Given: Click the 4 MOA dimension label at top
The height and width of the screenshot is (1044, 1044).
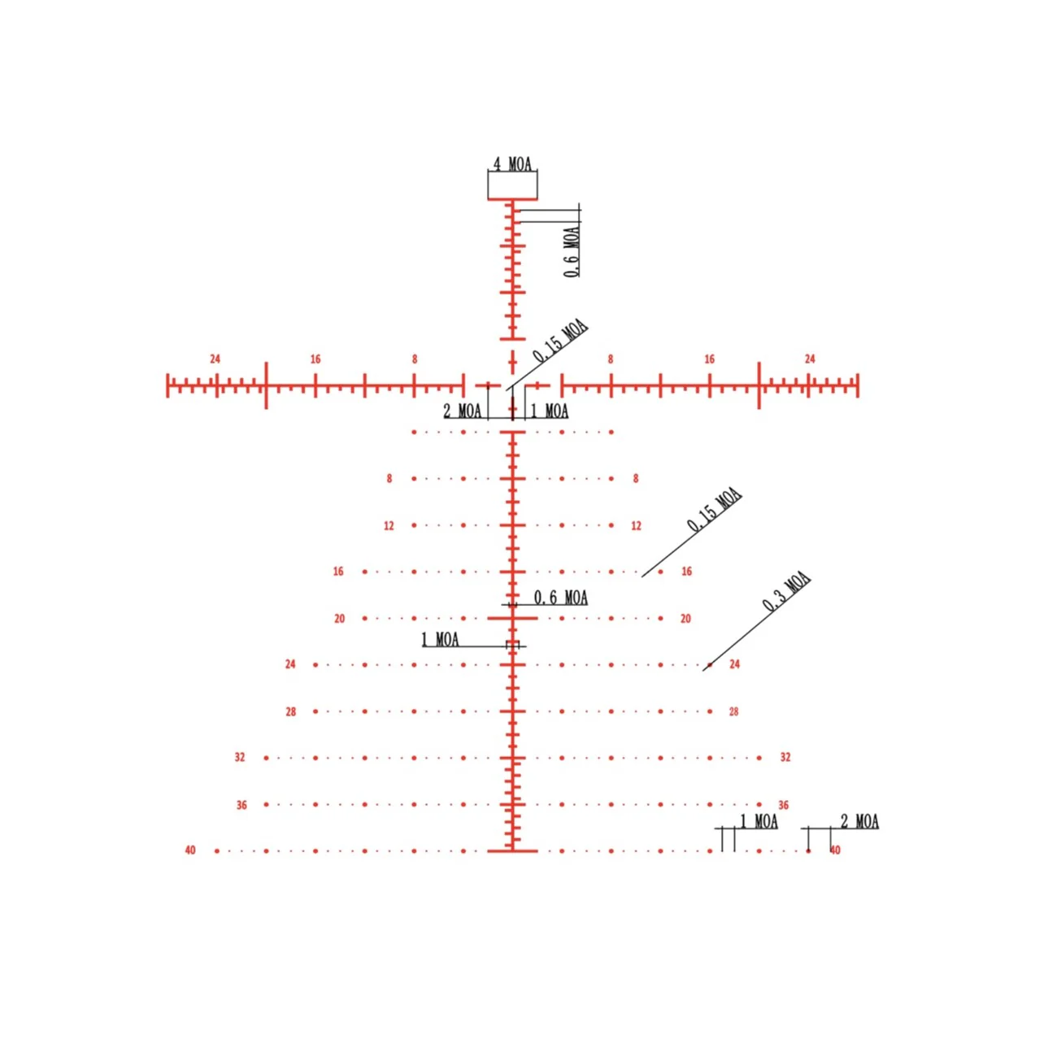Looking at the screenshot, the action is (512, 163).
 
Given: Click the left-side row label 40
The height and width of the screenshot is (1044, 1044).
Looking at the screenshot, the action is (190, 850).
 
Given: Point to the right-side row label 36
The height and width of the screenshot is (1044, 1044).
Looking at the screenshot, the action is (783, 806).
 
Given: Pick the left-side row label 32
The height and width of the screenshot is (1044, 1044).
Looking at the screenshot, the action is (240, 758).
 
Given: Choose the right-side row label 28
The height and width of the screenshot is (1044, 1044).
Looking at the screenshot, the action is (733, 712).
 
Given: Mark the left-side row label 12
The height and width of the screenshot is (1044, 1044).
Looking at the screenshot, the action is (389, 526).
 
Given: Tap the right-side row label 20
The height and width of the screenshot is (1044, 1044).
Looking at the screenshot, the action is (686, 619).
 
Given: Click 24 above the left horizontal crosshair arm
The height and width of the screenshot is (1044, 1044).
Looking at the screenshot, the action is (215, 359).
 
